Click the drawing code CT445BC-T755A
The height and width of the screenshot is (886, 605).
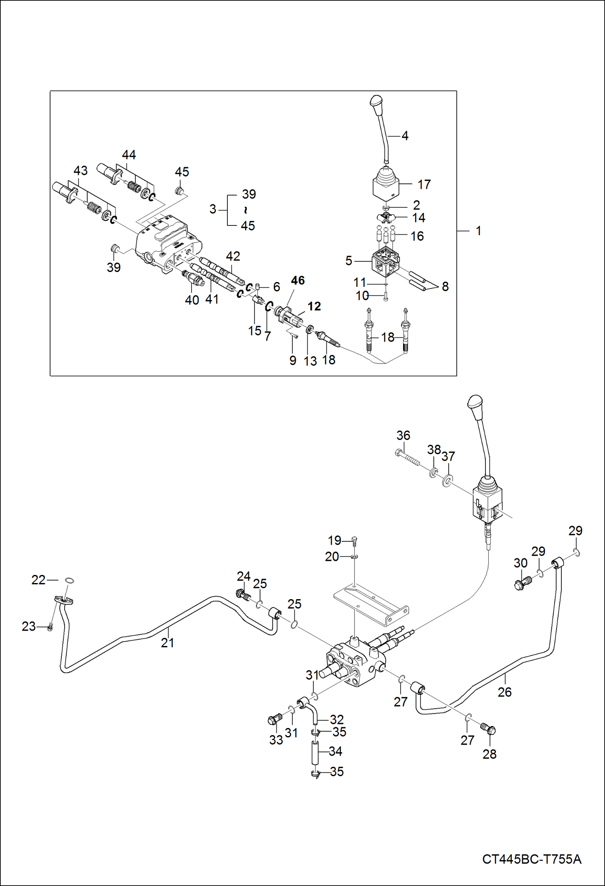pyautogui.click(x=531, y=859)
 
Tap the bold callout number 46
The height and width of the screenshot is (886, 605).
pyautogui.click(x=298, y=280)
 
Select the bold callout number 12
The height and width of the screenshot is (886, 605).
pyautogui.click(x=314, y=306)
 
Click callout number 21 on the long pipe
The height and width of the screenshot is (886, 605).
pyautogui.click(x=167, y=643)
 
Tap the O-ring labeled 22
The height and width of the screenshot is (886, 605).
pyautogui.click(x=69, y=581)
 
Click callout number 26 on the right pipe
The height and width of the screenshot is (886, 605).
pyautogui.click(x=504, y=692)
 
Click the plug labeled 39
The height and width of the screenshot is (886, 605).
pyautogui.click(x=115, y=248)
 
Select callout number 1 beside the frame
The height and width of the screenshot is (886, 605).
pyautogui.click(x=479, y=231)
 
